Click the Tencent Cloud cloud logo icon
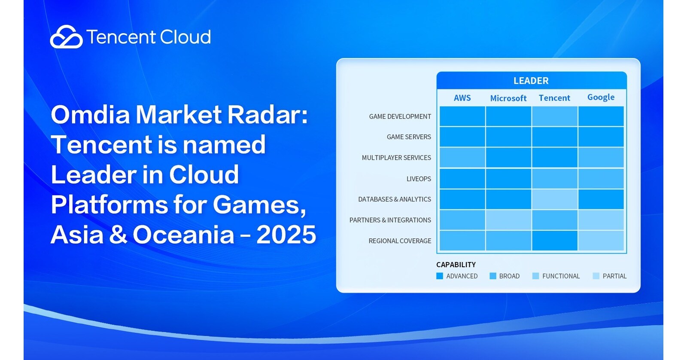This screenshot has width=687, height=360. [66, 37]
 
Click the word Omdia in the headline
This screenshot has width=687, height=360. [91, 114]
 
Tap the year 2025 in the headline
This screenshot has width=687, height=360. [286, 235]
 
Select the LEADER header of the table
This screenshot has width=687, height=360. [531, 81]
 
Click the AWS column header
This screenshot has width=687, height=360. [462, 98]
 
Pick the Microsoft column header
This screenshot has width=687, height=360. [508, 98]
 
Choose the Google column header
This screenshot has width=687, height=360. [601, 97]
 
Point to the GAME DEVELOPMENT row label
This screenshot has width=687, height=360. [400, 116]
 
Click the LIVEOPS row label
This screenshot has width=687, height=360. [419, 179]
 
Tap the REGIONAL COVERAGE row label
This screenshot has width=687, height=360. [400, 241]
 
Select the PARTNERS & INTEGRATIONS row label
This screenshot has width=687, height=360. [390, 220]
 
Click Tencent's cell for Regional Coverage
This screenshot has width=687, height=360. [555, 241]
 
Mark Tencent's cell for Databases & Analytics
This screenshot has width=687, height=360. [555, 199]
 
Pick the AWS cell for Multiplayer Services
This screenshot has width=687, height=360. [462, 157]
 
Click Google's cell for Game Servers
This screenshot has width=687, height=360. [601, 137]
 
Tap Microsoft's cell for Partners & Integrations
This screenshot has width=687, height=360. [508, 220]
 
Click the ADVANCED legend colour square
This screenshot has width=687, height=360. [440, 276]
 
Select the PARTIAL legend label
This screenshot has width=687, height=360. [614, 276]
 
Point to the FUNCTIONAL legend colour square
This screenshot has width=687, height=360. [535, 276]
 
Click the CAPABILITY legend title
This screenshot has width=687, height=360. [456, 265]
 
